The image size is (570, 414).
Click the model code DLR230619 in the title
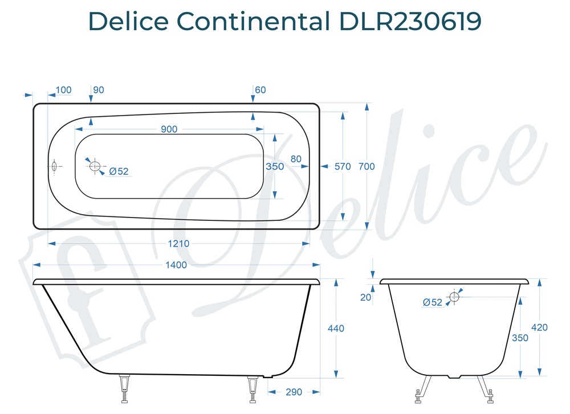(410, 22)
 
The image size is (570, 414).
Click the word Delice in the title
(129, 22)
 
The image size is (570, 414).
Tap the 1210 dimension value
(178, 244)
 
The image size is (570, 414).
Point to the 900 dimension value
(169, 129)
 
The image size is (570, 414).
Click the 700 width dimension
(367, 166)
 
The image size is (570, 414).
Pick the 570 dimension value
(343, 166)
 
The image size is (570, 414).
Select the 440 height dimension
(336, 329)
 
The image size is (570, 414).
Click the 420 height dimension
(539, 327)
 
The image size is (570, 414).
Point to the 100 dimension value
(64, 90)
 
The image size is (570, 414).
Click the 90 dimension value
(98, 90)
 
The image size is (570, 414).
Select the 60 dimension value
(260, 90)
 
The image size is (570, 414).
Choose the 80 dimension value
(296, 159)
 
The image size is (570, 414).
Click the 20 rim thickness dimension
(366, 297)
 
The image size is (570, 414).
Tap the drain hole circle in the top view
(95, 166)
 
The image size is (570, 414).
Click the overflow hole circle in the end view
(454, 296)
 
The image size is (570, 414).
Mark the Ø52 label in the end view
(433, 302)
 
